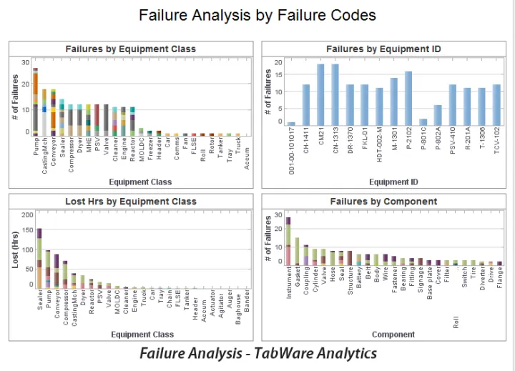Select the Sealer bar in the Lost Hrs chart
pyautogui.click(x=39, y=258)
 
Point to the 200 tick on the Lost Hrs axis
pyautogui.click(x=28, y=215)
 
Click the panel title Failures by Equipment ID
pyautogui.click(x=383, y=49)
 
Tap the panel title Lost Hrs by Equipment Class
pyautogui.click(x=130, y=202)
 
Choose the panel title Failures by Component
pyautogui.click(x=383, y=202)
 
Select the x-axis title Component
pyautogui.click(x=393, y=335)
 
